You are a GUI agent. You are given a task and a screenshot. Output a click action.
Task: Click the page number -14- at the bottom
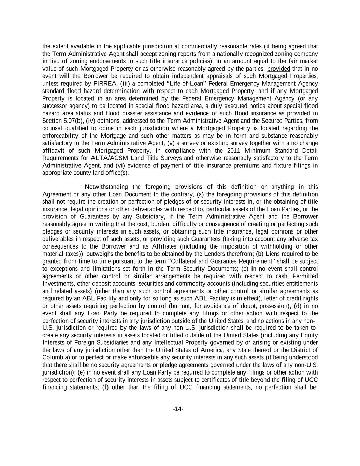coord(178,409)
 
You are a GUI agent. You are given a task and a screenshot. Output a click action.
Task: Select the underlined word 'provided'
coord(278,69)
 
